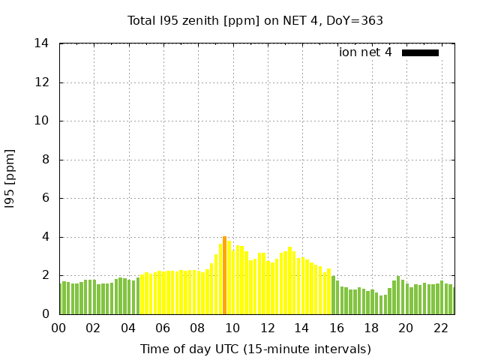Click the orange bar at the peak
point(224,275)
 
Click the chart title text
point(255,20)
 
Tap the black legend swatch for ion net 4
point(420,52)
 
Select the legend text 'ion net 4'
point(365,52)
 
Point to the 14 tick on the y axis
point(42,43)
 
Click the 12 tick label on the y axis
point(42,82)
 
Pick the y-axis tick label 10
point(42,121)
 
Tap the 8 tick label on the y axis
point(46,160)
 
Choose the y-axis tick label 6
point(46,199)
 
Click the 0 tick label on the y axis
point(46,314)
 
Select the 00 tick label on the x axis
point(59,328)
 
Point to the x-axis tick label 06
point(163,328)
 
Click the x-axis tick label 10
point(232,328)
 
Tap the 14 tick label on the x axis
point(301,328)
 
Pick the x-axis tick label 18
point(371,328)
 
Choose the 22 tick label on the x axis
point(440,328)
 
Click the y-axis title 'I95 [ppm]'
point(10,178)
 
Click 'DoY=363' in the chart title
point(355,20)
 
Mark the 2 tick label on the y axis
point(46,275)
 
